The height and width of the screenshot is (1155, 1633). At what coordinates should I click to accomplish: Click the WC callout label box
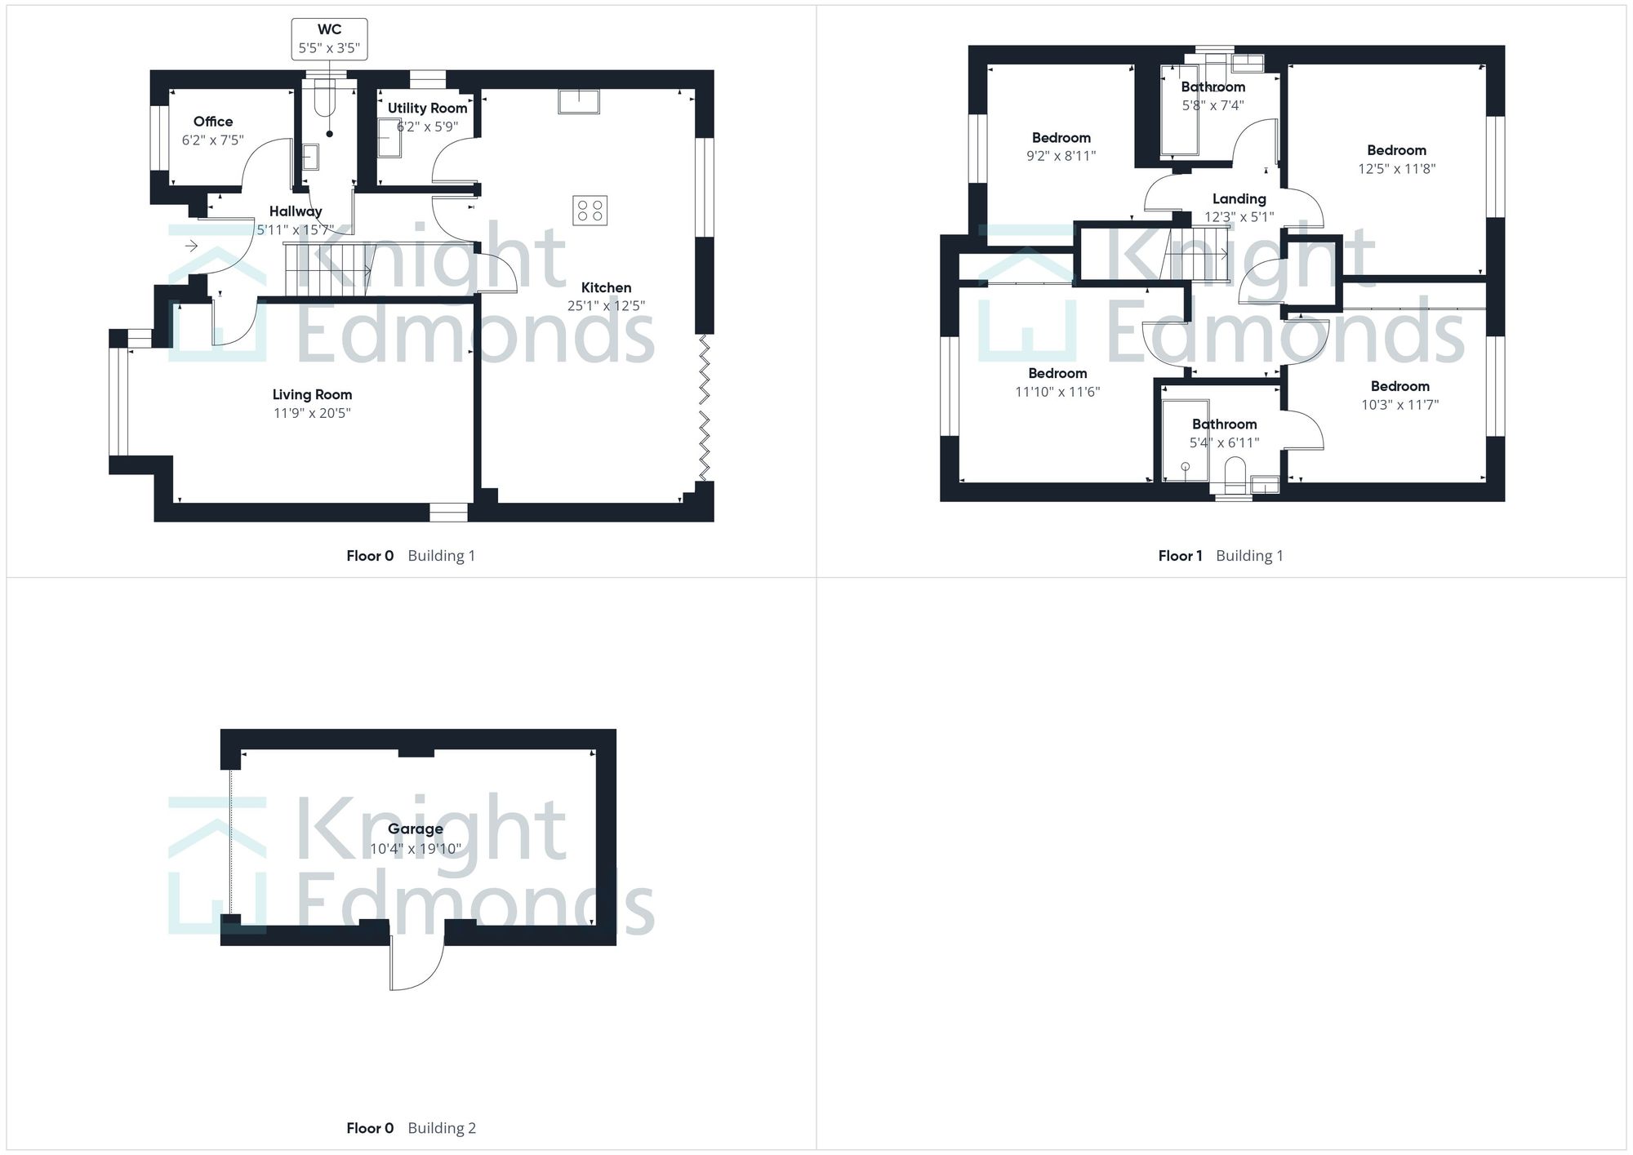(329, 39)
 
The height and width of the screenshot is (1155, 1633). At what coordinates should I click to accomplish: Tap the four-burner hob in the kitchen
(590, 211)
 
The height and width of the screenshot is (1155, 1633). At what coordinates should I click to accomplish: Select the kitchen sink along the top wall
(579, 102)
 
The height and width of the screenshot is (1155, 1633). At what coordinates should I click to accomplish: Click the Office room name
(213, 122)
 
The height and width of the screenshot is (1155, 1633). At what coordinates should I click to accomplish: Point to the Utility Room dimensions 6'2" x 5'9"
(427, 127)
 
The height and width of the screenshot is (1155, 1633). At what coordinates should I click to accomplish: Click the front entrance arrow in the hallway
(192, 246)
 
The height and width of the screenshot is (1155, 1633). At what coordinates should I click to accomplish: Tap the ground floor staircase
(327, 269)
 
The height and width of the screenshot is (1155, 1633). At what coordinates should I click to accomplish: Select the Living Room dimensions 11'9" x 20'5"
(312, 413)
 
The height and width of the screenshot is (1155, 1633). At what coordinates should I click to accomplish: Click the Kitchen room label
(606, 287)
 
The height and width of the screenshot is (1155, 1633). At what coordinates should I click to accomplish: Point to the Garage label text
(415, 828)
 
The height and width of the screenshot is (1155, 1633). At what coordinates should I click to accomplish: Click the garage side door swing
(416, 963)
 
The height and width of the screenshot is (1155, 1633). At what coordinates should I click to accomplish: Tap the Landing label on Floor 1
(1239, 198)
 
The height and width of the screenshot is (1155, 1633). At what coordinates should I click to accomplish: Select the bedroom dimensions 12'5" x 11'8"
(1396, 169)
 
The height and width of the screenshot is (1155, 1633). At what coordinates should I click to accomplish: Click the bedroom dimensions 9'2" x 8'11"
(1061, 156)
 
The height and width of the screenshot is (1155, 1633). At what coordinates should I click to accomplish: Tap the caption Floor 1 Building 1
(1220, 556)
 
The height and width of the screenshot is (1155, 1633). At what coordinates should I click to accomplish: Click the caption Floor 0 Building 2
(411, 1128)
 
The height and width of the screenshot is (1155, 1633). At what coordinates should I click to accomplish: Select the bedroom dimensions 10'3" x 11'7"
(1399, 405)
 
